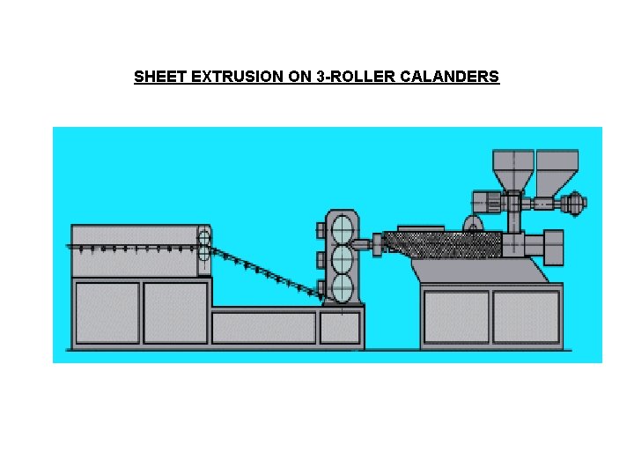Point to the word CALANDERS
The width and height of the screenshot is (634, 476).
[449, 77]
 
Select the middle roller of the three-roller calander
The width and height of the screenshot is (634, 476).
[342, 258]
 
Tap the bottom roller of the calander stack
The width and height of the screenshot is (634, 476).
[342, 287]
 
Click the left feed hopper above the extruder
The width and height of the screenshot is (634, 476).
[513, 169]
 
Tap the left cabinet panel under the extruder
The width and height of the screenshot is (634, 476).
[456, 316]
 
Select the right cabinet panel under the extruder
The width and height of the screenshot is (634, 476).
[526, 316]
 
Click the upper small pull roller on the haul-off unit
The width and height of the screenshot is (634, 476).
[204, 236]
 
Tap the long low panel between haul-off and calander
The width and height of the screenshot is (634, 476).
[263, 328]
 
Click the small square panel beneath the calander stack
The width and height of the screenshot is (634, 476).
[339, 328]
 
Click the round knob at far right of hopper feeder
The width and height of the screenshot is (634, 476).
[578, 204]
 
